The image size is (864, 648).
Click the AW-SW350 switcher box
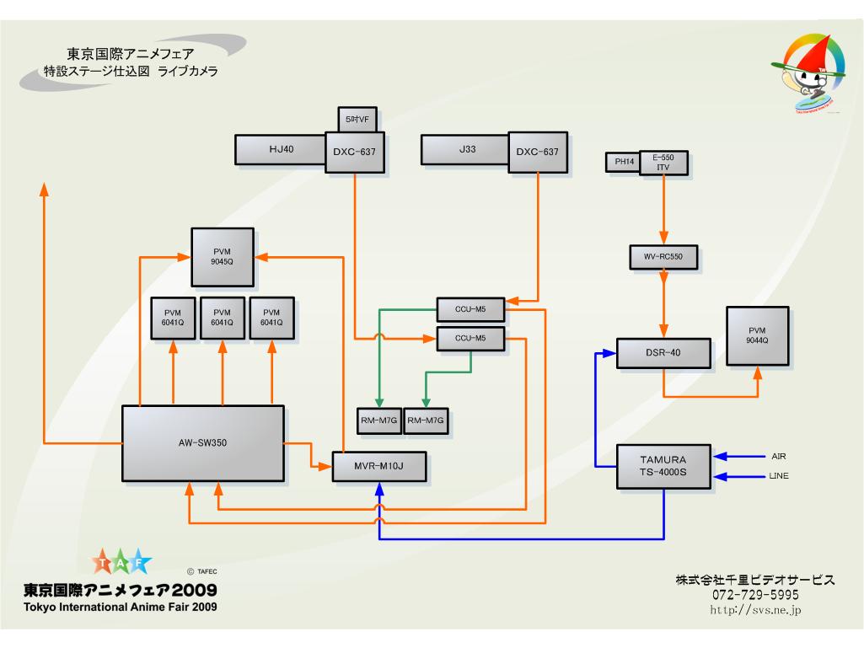pos(202,443)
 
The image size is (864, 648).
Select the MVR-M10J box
pos(379,466)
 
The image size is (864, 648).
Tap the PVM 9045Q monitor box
pos(223,255)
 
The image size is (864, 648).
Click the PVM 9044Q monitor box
pos(757,335)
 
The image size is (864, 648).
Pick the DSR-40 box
pos(663,353)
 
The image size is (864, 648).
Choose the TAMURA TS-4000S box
pos(663,466)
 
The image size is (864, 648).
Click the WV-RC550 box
pos(664,257)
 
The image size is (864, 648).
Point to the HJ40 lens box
pos(281,149)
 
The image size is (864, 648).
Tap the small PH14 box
pos(623,163)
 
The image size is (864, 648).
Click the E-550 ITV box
pos(663,163)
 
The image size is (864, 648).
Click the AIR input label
pos(779,456)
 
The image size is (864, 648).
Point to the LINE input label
pos(780,477)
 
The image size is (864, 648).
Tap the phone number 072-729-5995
pos(755,595)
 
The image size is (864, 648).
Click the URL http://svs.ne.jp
pos(755,609)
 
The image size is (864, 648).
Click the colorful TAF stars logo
pos(122,562)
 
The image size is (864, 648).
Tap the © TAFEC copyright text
pos(202,570)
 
